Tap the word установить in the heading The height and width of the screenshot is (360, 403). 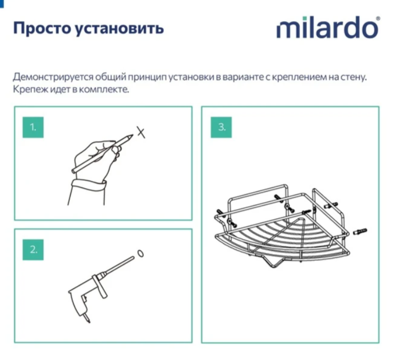[x=120, y=28]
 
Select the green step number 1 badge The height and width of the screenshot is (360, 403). [x=33, y=127]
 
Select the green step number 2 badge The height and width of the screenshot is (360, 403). [x=33, y=250]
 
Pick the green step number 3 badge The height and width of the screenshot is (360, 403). [x=222, y=127]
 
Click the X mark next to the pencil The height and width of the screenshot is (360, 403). [x=141, y=132]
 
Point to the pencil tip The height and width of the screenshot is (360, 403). [x=132, y=136]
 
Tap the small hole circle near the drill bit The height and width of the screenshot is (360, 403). [x=141, y=254]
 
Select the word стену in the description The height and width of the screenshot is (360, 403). [x=354, y=78]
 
